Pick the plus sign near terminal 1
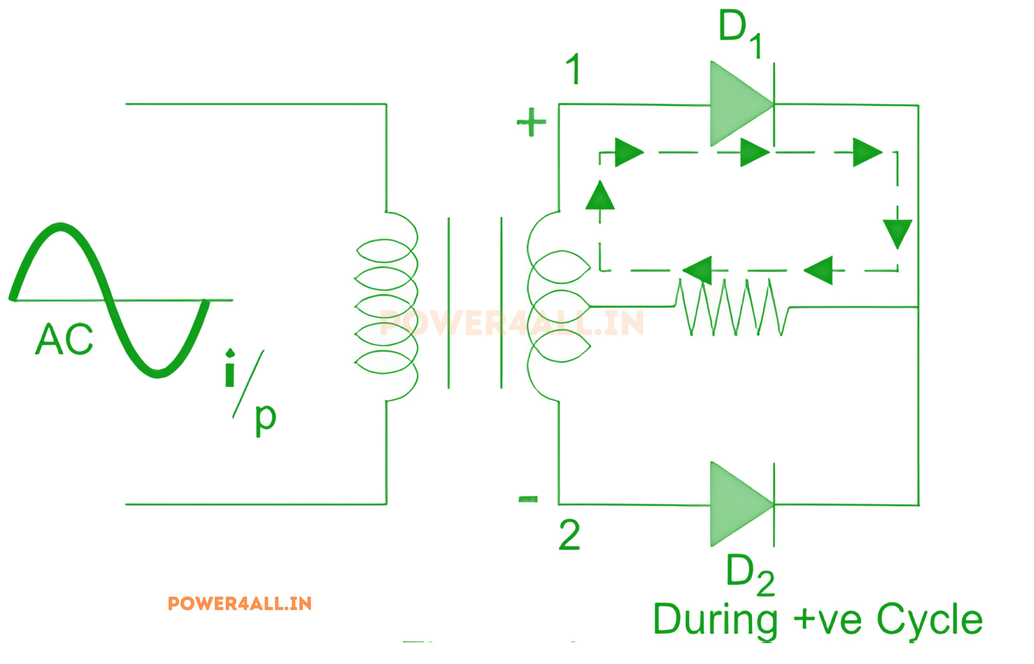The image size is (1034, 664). click(x=531, y=122)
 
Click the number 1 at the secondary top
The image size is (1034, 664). click(x=573, y=69)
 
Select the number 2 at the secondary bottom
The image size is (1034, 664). click(x=569, y=535)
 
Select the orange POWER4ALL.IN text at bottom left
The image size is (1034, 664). click(x=240, y=604)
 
